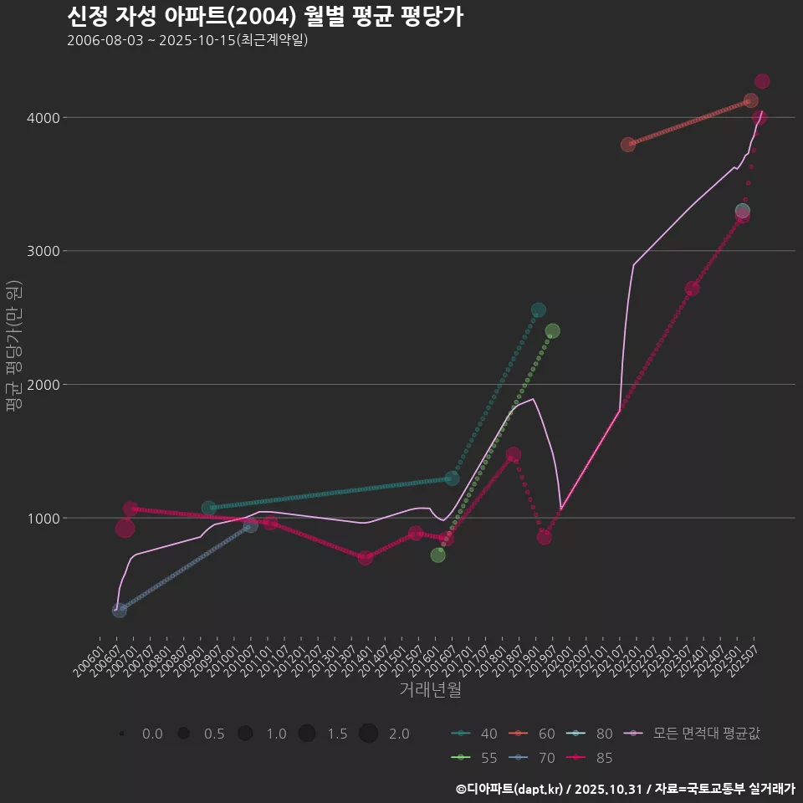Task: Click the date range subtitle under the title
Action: pos(187,40)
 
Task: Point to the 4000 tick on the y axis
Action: pos(43,118)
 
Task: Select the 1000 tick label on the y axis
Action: pos(43,519)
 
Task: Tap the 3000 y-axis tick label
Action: pos(43,251)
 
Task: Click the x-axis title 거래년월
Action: pos(430,690)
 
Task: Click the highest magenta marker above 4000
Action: pos(762,81)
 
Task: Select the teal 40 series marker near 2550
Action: pos(539,310)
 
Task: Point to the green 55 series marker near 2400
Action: pos(552,331)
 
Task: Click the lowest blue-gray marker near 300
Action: pos(120,611)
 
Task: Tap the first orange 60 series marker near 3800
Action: pos(628,145)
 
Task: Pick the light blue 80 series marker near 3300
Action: pos(742,211)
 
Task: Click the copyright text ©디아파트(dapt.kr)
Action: pos(511,788)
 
